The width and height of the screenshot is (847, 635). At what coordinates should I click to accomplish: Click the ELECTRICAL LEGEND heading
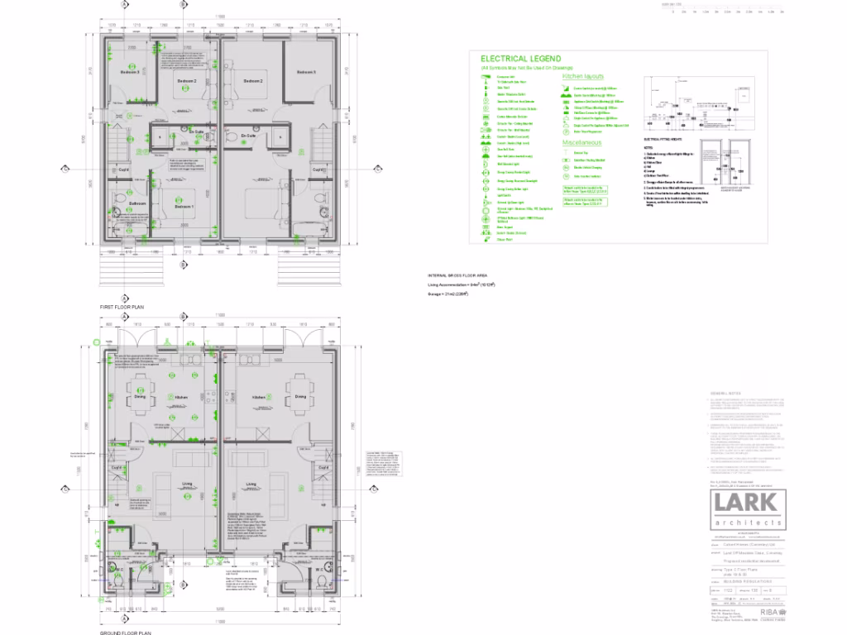(521, 59)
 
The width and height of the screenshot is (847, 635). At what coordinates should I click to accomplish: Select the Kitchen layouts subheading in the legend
(583, 76)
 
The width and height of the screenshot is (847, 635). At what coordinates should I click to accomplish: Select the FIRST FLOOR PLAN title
(122, 306)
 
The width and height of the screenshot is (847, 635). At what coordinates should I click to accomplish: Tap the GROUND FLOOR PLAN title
(125, 632)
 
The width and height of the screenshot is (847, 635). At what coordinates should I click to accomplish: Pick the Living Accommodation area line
(462, 284)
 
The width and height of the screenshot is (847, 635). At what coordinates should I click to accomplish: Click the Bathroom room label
(137, 203)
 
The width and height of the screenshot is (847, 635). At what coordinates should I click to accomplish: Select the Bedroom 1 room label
(184, 207)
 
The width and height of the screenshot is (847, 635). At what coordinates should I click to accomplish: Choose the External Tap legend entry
(581, 153)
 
